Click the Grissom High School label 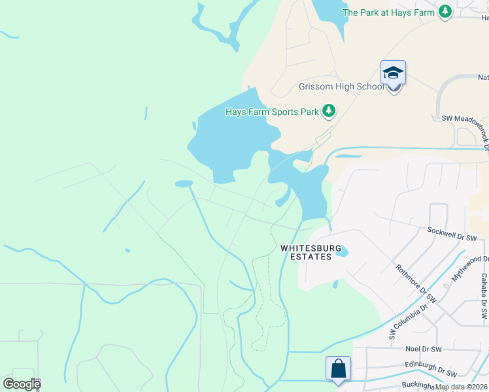(332, 87)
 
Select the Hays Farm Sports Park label (272, 112)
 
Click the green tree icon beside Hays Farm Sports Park (329, 112)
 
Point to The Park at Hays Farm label (388, 12)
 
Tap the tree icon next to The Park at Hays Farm (445, 12)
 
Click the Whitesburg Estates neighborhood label (306, 252)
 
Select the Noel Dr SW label (424, 350)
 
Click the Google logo (22, 384)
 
